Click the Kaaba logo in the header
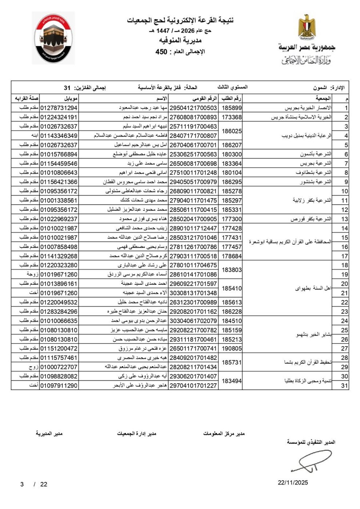tap(53, 38)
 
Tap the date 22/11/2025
tap(293, 482)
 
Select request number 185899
tap(232, 108)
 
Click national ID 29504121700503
tap(193, 108)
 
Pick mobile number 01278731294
tap(59, 108)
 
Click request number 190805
tap(232, 348)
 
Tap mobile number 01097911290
tap(59, 385)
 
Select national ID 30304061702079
tap(193, 321)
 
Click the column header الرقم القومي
tap(204, 99)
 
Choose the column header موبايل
tap(70, 99)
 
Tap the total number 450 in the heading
tap(161, 52)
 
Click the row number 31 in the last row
tap(344, 385)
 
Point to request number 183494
tap(232, 381)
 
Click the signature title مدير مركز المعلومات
tap(224, 433)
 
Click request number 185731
tap(232, 362)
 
